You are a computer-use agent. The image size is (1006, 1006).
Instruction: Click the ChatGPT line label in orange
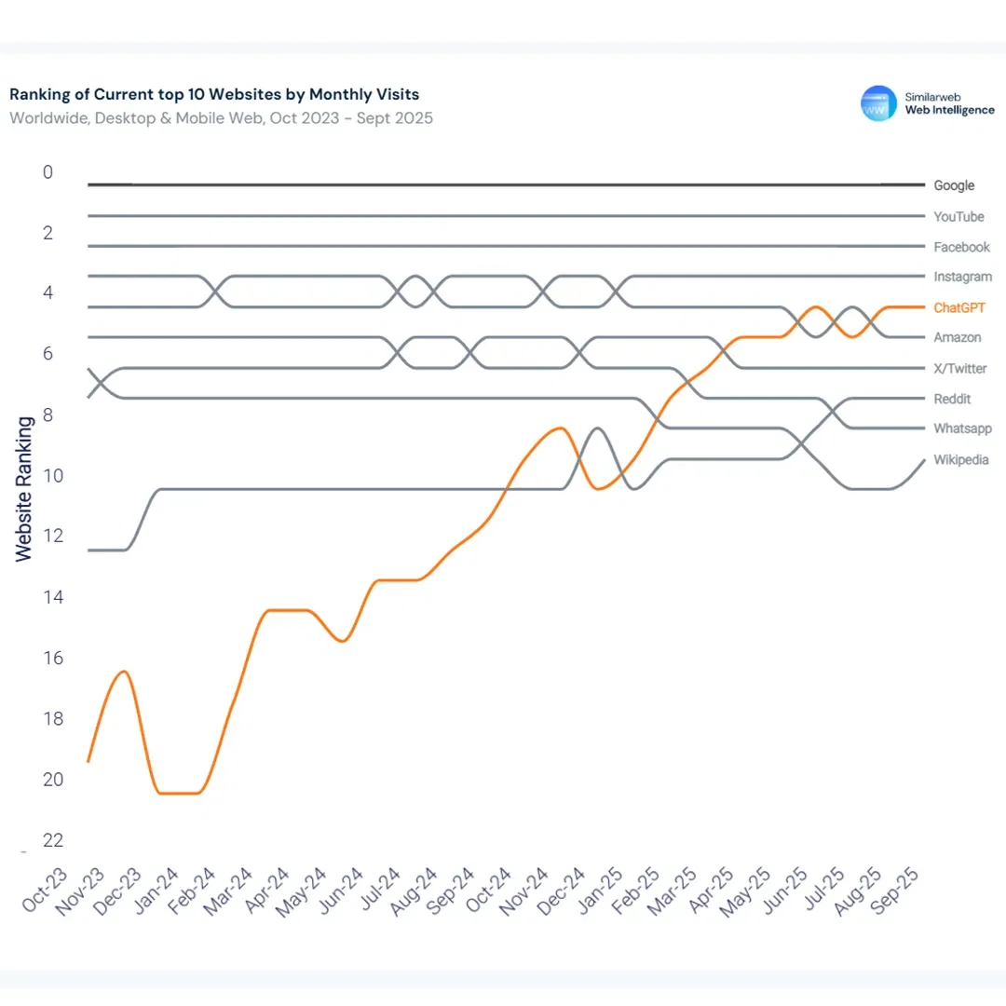[x=959, y=307]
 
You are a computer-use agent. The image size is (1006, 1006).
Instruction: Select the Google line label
[x=954, y=186]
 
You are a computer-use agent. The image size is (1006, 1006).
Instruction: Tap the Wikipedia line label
[x=961, y=460]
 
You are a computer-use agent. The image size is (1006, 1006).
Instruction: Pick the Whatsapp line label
[x=962, y=429]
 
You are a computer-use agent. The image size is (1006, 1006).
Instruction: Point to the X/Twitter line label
[x=960, y=369]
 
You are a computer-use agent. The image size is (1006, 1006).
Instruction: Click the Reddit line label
[x=952, y=399]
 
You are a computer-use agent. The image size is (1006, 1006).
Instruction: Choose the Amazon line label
[x=957, y=338]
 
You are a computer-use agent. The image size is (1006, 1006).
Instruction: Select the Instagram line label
[x=962, y=278]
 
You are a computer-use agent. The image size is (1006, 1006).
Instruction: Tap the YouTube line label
[x=958, y=217]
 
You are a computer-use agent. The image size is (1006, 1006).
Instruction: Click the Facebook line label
[x=961, y=248]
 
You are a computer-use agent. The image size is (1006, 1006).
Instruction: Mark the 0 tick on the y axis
[x=48, y=172]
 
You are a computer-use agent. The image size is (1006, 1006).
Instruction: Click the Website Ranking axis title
[x=23, y=488]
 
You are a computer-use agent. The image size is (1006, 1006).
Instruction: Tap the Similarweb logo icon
[x=878, y=103]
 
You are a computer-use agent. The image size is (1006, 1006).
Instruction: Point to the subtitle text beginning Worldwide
[x=221, y=118]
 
